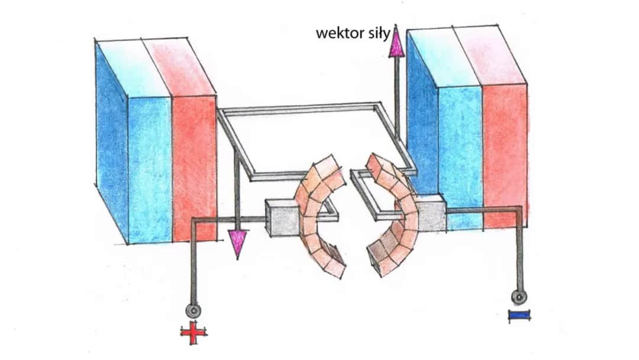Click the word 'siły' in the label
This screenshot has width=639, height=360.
(x=377, y=33)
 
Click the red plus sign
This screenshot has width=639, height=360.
(x=194, y=334)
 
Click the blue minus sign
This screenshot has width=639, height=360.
(x=518, y=316)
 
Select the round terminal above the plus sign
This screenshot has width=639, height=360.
(x=193, y=310)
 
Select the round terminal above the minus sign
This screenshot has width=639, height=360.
(x=519, y=297)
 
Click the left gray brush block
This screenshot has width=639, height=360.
(x=281, y=218)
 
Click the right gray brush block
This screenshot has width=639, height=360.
(x=431, y=214)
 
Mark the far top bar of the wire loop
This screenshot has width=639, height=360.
(x=299, y=109)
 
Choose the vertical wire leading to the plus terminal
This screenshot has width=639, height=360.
(x=193, y=261)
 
